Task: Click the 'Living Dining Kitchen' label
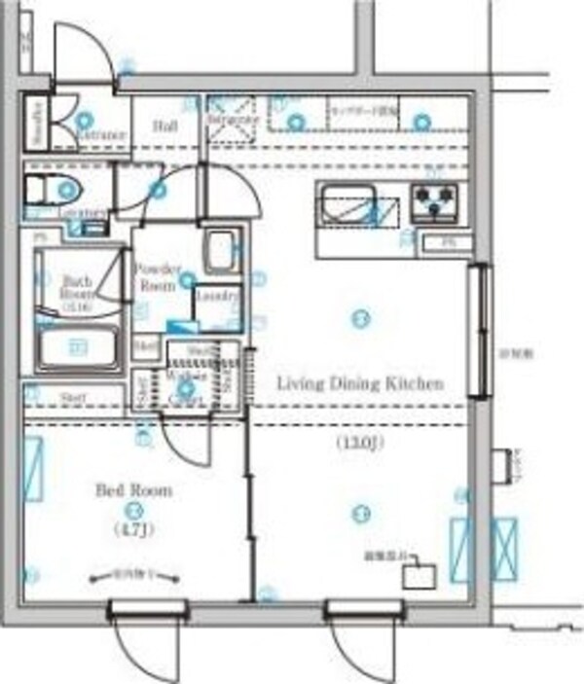tap(360, 383)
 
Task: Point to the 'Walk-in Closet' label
tap(185, 383)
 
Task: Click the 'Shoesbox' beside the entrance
tap(36, 123)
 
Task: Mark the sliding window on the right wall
tap(477, 331)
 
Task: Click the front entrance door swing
tap(78, 54)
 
